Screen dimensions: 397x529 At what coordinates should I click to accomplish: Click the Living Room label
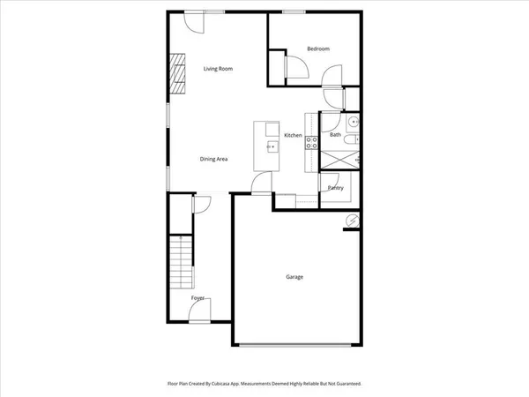[x=218, y=68]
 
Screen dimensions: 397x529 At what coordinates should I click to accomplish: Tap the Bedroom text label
[x=317, y=49]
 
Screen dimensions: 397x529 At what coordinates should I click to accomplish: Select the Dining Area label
[x=214, y=159]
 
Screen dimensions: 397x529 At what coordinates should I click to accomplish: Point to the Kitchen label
[x=293, y=135]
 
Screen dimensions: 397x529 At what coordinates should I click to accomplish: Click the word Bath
[x=335, y=135]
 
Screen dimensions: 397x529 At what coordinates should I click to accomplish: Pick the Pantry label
[x=335, y=188]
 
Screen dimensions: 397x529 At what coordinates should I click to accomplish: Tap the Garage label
[x=294, y=277]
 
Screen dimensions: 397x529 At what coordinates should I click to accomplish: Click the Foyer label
[x=198, y=298]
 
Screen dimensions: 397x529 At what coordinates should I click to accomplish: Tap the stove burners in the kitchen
[x=310, y=142]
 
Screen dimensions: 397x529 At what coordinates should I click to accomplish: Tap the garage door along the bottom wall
[x=295, y=344]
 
